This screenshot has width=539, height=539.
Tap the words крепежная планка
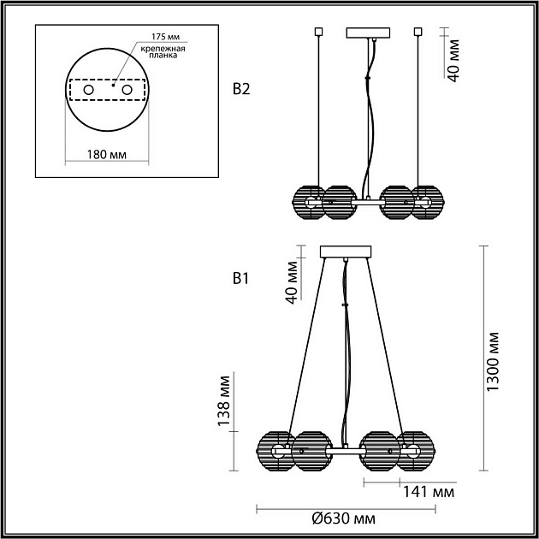point(163,51)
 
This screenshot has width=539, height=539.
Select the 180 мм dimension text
point(107,155)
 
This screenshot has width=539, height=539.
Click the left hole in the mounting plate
point(88,90)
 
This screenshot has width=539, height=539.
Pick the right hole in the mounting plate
point(127,90)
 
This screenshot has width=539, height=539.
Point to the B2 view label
point(241,89)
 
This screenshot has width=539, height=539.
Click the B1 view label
point(240,279)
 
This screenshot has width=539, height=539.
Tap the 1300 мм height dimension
point(492,361)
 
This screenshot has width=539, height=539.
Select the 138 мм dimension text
point(224,401)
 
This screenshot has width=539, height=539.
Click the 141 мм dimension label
point(429,493)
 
